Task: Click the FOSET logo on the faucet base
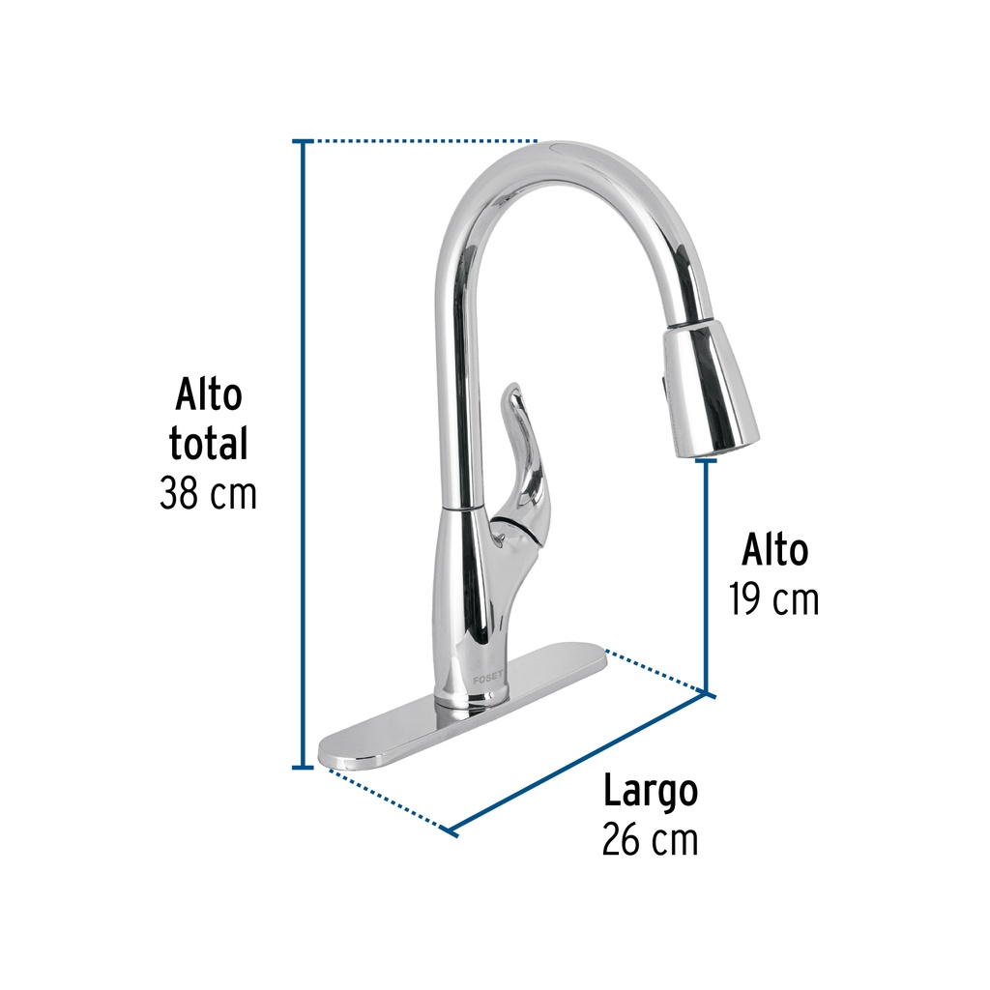coord(488,679)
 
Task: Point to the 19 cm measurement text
coord(774,599)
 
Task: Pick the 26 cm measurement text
coord(651,839)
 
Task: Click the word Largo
coord(651,792)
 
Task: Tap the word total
coord(209,443)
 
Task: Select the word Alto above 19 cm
coord(774,549)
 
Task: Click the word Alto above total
coord(209,394)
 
